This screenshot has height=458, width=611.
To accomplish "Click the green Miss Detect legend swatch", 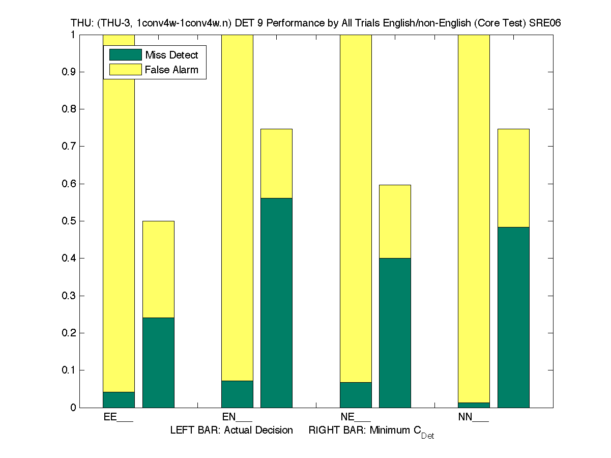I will [125, 55].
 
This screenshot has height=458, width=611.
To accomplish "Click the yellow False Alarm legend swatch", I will [125, 70].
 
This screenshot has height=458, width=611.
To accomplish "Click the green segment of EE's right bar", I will [158, 362].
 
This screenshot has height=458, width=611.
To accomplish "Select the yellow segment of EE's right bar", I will [158, 269].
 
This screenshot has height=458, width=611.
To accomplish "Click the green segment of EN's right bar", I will [277, 302].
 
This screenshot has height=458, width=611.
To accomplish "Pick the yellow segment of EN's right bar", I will [277, 163].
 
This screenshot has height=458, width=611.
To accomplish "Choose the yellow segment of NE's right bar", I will [395, 221].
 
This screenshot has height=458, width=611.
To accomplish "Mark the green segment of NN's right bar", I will [513, 317].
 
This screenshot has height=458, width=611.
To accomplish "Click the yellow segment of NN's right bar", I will [513, 178].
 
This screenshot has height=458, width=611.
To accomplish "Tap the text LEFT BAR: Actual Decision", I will [231, 431].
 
